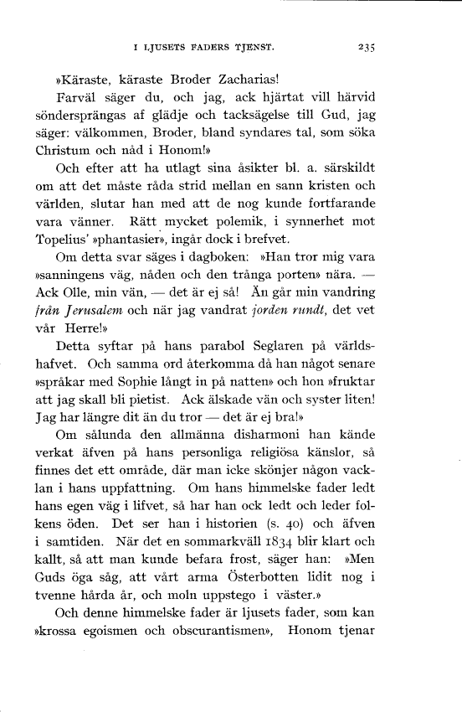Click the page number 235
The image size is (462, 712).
(x=365, y=47)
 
